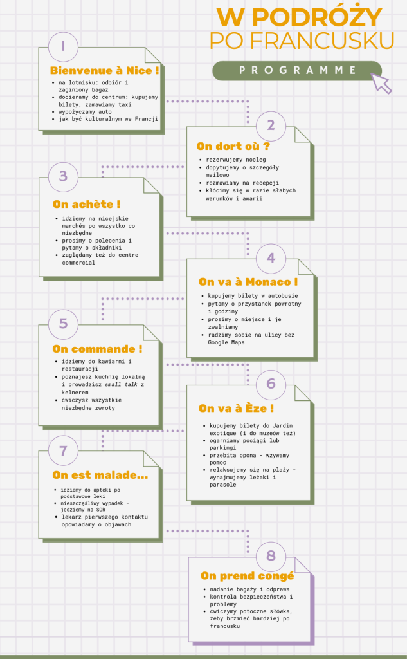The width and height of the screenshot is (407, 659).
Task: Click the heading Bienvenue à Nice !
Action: click(104, 70)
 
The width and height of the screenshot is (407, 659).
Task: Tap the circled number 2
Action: click(271, 125)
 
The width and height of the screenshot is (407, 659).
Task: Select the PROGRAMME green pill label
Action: click(297, 70)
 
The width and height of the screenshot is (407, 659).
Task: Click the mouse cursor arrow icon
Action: click(382, 83)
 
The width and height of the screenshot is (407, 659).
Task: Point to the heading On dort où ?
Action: click(233, 146)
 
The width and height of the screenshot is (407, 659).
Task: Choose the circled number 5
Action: click(63, 323)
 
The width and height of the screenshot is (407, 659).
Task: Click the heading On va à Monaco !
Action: click(248, 282)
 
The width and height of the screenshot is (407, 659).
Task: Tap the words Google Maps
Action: click(226, 342)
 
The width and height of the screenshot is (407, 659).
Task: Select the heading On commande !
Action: click(97, 349)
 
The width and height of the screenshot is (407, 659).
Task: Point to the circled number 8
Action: click(271, 555)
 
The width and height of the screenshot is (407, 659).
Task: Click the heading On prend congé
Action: click(247, 576)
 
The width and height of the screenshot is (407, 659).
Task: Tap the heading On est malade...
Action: click(100, 475)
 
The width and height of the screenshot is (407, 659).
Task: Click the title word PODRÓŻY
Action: click(318, 17)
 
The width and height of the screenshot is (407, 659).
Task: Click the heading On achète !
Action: click(87, 204)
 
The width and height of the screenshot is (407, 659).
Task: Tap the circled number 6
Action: click(271, 384)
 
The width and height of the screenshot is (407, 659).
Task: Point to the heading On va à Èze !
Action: click(237, 408)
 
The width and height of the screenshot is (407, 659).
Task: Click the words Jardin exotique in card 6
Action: click(251, 429)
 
